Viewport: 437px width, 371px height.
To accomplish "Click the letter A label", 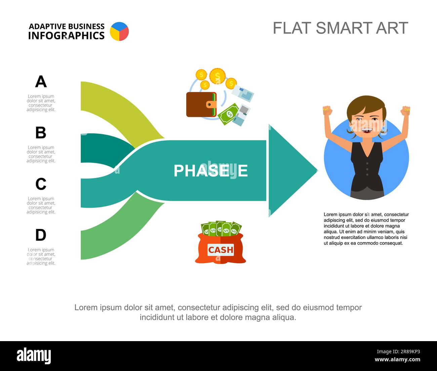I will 41,82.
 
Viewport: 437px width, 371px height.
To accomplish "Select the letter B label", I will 41,133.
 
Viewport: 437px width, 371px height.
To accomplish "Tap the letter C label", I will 41,184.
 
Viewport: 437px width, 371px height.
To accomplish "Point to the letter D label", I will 41,235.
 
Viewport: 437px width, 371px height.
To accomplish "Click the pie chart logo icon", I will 119,32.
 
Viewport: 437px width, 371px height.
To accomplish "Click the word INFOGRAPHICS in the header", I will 66,36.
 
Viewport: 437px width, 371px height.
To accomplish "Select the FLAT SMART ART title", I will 340,28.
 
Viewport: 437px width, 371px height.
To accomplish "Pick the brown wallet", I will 201,104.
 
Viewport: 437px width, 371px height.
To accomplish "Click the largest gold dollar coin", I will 217,76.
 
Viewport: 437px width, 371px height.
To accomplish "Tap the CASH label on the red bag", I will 221,250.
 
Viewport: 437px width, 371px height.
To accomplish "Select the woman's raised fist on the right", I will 406,110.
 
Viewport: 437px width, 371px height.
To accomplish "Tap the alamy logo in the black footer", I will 34,356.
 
